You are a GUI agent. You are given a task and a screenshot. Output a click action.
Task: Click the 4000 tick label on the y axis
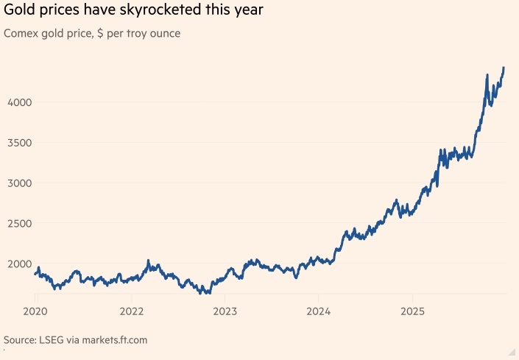(x=20, y=102)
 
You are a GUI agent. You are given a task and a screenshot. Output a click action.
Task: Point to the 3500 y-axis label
(x=20, y=142)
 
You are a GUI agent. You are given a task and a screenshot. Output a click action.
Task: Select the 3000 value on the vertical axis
(x=20, y=183)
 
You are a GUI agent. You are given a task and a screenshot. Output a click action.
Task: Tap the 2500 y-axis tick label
(x=20, y=223)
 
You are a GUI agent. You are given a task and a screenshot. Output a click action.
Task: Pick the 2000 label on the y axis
(x=20, y=264)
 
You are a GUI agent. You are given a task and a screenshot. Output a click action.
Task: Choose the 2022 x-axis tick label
(x=131, y=311)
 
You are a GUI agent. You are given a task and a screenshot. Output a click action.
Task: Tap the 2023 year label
(x=225, y=311)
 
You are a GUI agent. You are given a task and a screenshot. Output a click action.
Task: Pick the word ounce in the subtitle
(x=163, y=34)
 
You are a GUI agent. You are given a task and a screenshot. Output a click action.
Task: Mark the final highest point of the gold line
(x=504, y=68)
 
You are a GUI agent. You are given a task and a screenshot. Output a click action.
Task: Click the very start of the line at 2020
(x=35, y=275)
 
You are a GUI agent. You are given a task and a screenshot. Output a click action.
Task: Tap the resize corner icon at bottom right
(x=511, y=352)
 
